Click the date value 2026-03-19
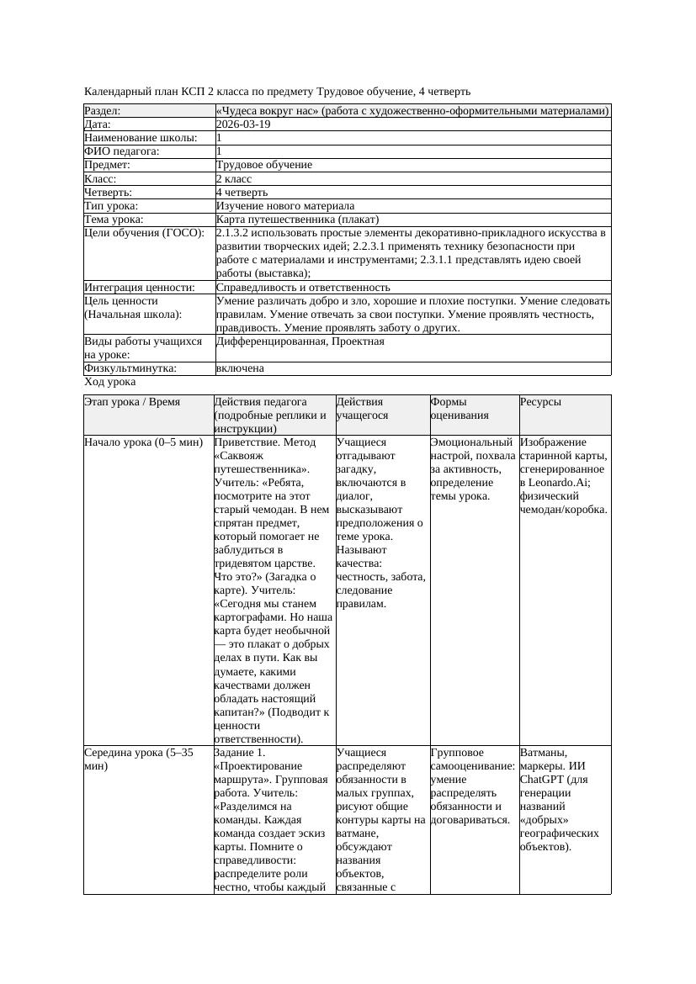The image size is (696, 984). (x=243, y=124)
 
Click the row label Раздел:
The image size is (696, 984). (x=103, y=110)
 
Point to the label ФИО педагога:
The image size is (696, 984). (x=122, y=151)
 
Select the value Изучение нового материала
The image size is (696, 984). (x=285, y=205)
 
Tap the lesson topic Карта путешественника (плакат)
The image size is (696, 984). (x=298, y=220)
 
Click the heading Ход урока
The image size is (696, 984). (x=109, y=382)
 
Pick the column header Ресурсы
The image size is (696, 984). (x=540, y=402)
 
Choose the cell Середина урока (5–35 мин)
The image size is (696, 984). (x=138, y=759)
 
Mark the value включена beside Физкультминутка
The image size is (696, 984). (x=240, y=368)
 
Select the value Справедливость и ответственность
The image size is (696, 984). (x=303, y=288)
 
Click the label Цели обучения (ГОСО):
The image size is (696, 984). (x=144, y=233)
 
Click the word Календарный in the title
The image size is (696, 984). (x=118, y=91)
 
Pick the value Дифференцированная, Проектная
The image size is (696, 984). (x=300, y=341)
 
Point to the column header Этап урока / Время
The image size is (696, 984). (x=132, y=402)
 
